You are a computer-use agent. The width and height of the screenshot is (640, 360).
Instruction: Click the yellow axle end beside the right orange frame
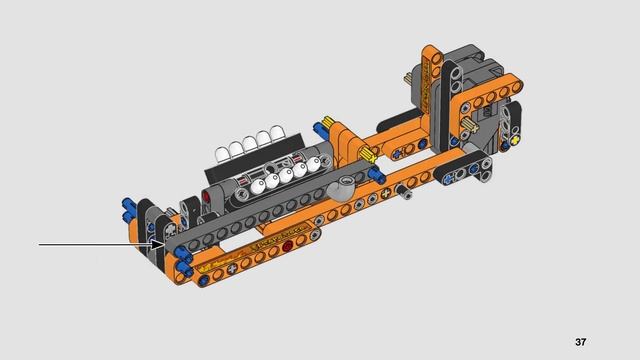468,125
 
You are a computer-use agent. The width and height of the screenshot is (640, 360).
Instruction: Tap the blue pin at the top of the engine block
324,129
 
